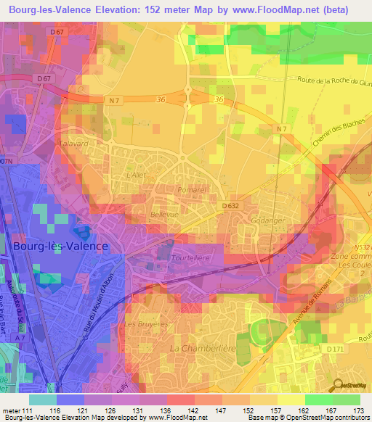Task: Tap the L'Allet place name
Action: (x=137, y=176)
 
